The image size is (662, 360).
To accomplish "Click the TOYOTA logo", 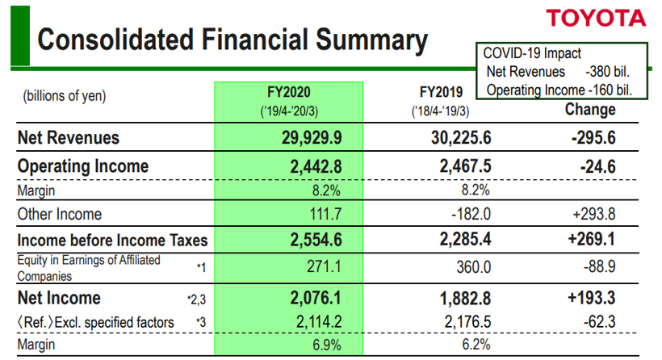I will [x=596, y=18].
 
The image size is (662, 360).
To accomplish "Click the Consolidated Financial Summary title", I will [x=233, y=39].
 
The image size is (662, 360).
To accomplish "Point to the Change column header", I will [x=589, y=109].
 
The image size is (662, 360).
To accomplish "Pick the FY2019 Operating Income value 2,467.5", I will [x=461, y=166].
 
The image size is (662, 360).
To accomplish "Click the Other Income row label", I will [x=60, y=214].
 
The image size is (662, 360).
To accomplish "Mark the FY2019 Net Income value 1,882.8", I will [x=461, y=298].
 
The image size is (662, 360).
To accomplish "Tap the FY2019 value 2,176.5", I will [x=466, y=323].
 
